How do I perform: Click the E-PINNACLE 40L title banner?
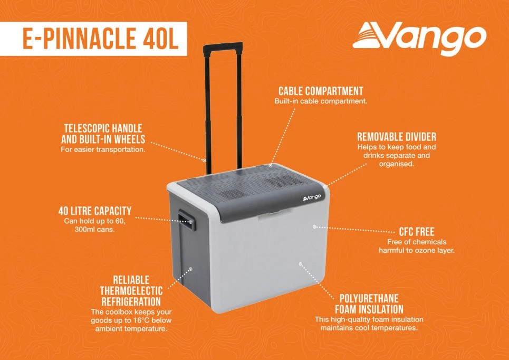tap(93, 39)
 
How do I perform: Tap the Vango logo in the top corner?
tap(419, 38)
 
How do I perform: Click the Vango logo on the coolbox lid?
tap(312, 197)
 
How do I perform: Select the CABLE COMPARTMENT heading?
tap(321, 91)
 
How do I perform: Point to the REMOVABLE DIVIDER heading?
tap(397, 136)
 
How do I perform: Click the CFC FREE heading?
tap(416, 231)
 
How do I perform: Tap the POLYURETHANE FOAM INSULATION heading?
tap(369, 304)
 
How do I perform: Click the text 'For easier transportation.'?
tap(103, 149)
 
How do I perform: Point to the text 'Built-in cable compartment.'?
tap(321, 101)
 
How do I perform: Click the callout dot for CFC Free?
tap(314, 226)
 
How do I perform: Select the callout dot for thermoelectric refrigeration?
tap(190, 269)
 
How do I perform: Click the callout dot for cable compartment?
tap(271, 165)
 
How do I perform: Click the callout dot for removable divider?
tap(325, 186)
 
